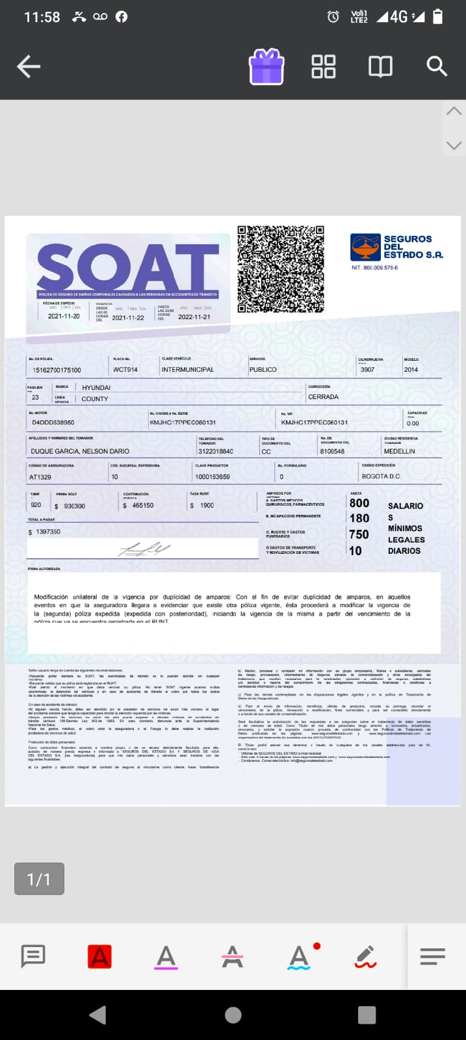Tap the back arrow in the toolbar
click(x=29, y=66)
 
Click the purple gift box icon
click(x=266, y=67)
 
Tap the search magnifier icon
click(x=436, y=66)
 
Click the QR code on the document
click(x=280, y=269)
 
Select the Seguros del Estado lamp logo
click(x=365, y=247)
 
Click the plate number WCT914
click(x=125, y=370)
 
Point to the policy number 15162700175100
click(x=57, y=370)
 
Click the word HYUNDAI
click(x=96, y=388)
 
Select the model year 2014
click(x=411, y=370)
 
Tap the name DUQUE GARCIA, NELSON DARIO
click(x=80, y=451)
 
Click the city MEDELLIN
click(x=399, y=451)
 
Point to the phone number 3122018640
click(x=216, y=451)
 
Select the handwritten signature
click(x=144, y=549)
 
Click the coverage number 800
click(x=359, y=503)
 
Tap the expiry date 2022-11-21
click(x=194, y=317)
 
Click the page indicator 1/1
click(x=39, y=879)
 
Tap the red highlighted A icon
click(x=99, y=957)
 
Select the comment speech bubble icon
click(x=33, y=956)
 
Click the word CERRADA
click(x=323, y=396)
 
